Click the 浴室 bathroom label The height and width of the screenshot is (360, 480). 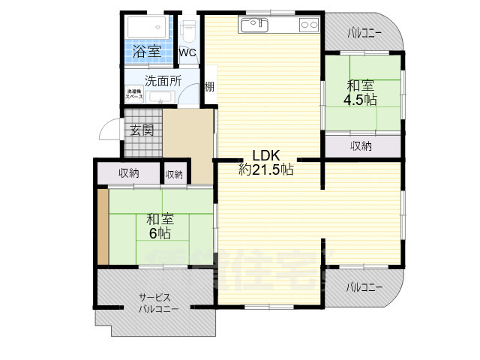point(147,52)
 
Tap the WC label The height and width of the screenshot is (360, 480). point(187,53)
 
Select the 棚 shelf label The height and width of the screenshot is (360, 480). point(209,87)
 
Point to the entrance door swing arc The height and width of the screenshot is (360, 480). point(106,133)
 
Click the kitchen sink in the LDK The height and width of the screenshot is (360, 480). point(253,25)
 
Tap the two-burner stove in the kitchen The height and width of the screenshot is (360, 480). point(309,25)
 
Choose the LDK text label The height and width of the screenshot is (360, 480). point(254,155)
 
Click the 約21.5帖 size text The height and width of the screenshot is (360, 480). point(265,169)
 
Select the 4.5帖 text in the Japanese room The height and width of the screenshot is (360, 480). point(360,100)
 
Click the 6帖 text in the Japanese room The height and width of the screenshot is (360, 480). point(158,233)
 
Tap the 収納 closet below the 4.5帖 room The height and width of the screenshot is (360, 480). point(361,146)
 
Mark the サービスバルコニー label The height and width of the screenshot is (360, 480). point(157,303)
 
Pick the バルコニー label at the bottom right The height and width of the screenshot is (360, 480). point(364,288)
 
